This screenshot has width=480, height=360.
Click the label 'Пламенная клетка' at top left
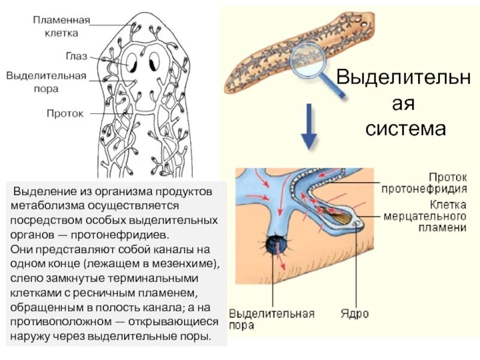point(61,26)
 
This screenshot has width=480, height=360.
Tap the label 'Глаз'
point(76,56)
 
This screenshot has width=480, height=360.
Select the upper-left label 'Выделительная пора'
point(46,82)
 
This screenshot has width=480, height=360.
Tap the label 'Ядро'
point(355,314)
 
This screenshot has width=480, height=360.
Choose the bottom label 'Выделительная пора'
point(272,319)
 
